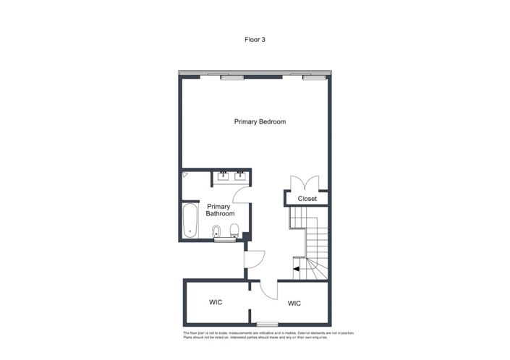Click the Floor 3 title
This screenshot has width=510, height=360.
pyautogui.click(x=255, y=39)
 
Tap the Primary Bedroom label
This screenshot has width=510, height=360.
pyautogui.click(x=260, y=121)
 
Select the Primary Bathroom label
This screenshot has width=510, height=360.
pyautogui.click(x=220, y=210)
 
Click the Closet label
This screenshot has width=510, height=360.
pyautogui.click(x=307, y=199)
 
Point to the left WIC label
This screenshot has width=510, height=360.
pyautogui.click(x=216, y=302)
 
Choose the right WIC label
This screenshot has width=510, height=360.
pyautogui.click(x=294, y=304)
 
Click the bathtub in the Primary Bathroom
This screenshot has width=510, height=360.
pyautogui.click(x=190, y=222)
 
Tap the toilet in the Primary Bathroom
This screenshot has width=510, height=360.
pyautogui.click(x=233, y=231)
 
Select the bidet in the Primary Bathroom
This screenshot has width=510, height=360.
pyautogui.click(x=216, y=231)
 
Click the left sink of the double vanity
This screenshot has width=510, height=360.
pyautogui.click(x=224, y=175)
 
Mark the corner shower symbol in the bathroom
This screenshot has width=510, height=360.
pyautogui.click(x=185, y=174)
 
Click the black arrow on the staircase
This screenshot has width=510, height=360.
pyautogui.click(x=297, y=269)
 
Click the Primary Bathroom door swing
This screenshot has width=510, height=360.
pyautogui.click(x=242, y=195)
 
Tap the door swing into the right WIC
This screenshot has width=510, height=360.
pyautogui.click(x=268, y=289)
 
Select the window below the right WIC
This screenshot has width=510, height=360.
pyautogui.click(x=267, y=323)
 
